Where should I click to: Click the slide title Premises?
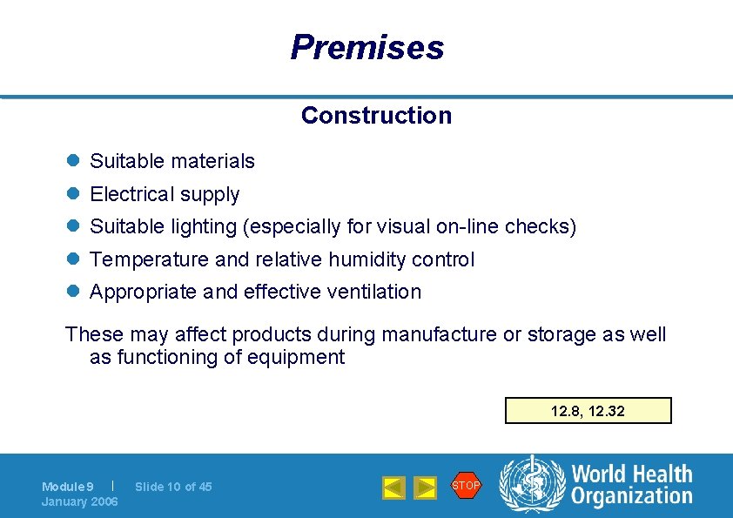pyautogui.click(x=366, y=47)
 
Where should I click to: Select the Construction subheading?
pyautogui.click(x=376, y=115)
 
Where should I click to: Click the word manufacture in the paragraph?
pyautogui.click(x=441, y=334)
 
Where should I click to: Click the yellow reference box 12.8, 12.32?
pyautogui.click(x=588, y=411)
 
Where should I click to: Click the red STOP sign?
pyautogui.click(x=466, y=485)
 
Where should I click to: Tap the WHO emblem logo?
pyautogui.click(x=532, y=486)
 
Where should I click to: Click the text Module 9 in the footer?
pyautogui.click(x=68, y=487)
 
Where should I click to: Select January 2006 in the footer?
pyautogui.click(x=80, y=501)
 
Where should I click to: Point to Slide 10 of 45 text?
pyautogui.click(x=173, y=487)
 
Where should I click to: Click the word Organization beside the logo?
pyautogui.click(x=632, y=496)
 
